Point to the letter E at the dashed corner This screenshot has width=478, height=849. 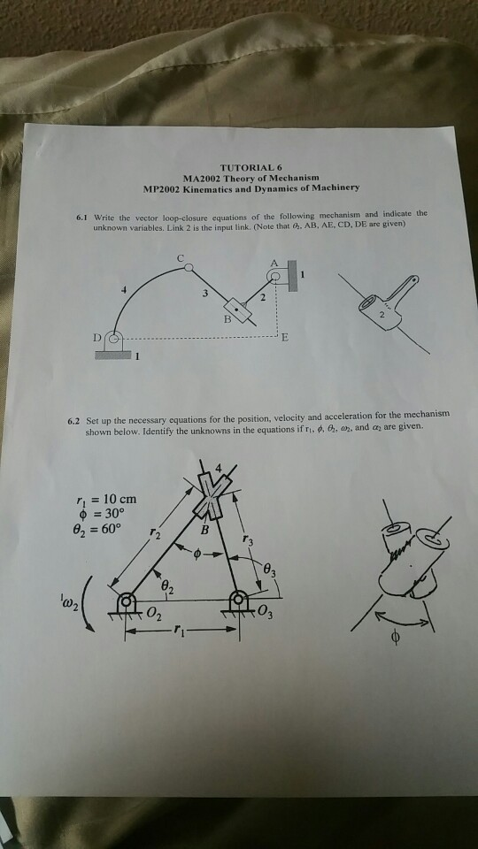click(285, 337)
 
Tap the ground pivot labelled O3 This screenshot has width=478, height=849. click(238, 603)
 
